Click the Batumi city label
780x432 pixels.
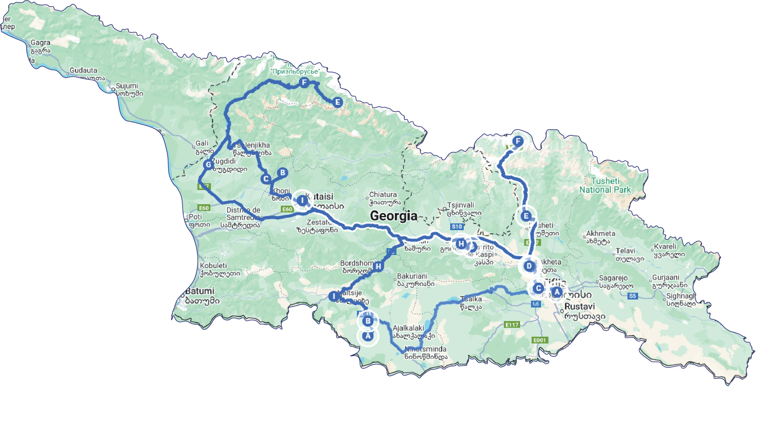coord(200,291)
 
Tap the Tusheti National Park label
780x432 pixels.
coord(605,185)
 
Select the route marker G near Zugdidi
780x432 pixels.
coord(208,165)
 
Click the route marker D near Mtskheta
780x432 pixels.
coord(529,266)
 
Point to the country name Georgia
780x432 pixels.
coord(393,216)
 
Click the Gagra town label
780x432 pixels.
coord(40,43)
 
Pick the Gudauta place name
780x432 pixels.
coord(83,70)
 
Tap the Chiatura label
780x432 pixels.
coord(383,195)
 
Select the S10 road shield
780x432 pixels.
coord(456,227)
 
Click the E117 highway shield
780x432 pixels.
coord(512,325)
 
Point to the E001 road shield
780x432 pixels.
coord(539,340)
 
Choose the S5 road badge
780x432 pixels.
coord(632,296)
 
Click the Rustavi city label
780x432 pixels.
coord(580,307)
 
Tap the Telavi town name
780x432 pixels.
coord(625,251)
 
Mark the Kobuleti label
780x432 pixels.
coord(214,266)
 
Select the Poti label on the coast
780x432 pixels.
coord(195,216)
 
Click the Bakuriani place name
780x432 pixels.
coord(412,276)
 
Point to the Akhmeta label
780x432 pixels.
coord(601,234)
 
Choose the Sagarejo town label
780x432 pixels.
coord(613,278)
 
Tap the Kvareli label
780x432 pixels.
coord(665,246)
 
